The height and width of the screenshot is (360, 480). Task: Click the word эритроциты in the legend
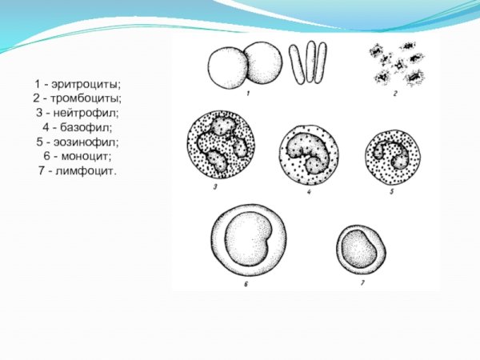click(x=86, y=84)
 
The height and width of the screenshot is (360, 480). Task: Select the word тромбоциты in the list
click(x=86, y=98)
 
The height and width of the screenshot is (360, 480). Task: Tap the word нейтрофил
click(x=86, y=113)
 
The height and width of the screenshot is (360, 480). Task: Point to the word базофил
click(x=86, y=127)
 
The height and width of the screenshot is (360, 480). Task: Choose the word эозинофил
click(x=86, y=142)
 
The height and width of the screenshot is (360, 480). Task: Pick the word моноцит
click(x=86, y=156)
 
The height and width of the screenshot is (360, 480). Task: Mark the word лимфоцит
click(x=86, y=170)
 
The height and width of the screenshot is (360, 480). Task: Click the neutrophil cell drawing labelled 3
click(x=221, y=145)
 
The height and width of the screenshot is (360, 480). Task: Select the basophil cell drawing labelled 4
click(x=309, y=155)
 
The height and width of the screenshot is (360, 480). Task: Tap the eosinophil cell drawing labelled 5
click(x=393, y=158)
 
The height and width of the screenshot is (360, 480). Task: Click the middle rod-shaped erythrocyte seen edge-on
click(x=310, y=62)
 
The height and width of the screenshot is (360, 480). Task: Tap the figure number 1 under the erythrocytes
click(x=248, y=93)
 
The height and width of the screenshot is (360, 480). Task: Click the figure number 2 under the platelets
click(x=395, y=94)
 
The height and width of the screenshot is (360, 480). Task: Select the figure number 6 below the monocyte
click(x=246, y=284)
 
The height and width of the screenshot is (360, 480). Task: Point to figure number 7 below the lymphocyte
click(x=362, y=283)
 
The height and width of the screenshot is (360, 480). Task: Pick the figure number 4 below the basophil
click(x=309, y=192)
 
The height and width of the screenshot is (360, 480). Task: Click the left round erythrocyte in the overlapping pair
click(x=227, y=68)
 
